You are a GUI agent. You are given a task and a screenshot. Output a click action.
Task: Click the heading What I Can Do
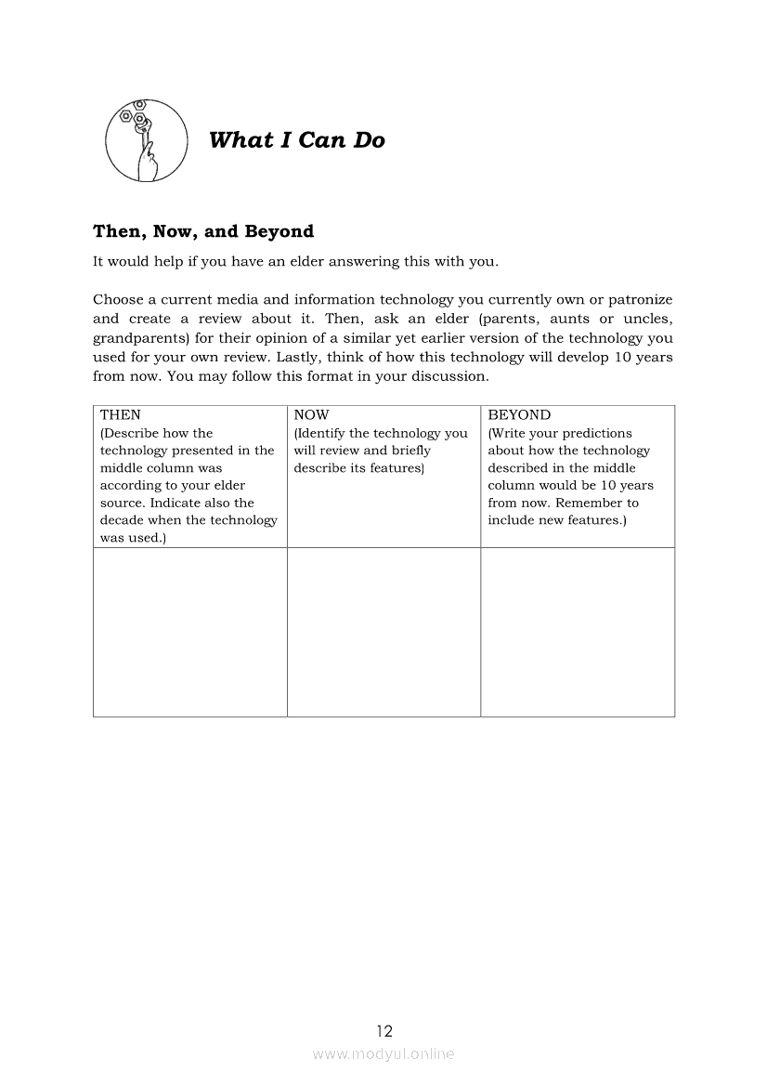click(297, 140)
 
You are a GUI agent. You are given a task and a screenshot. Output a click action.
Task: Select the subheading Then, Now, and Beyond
click(203, 231)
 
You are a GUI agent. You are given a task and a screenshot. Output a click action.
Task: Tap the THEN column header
click(121, 415)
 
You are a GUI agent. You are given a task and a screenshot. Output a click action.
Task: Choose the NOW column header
click(311, 415)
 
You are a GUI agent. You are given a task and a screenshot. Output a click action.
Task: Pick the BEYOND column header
click(519, 415)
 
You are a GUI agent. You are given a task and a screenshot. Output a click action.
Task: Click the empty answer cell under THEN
click(190, 632)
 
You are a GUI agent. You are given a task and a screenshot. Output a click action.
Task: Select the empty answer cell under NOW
click(383, 632)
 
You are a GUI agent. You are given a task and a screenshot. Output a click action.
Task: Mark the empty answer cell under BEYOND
click(578, 632)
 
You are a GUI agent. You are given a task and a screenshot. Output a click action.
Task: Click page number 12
click(384, 1030)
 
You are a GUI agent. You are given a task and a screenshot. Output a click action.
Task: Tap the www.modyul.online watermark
click(383, 1053)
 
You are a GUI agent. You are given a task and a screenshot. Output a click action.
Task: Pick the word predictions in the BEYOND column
click(595, 433)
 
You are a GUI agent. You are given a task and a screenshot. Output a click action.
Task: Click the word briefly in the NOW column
click(411, 451)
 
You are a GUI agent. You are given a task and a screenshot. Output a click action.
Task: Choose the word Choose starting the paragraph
click(117, 299)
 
